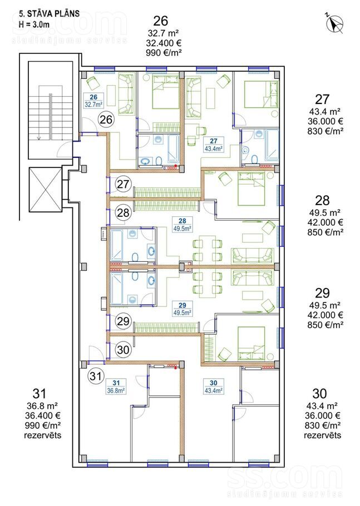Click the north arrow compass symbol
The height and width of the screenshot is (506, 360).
[x=334, y=23]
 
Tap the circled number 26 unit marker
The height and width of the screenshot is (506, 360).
[x=106, y=120]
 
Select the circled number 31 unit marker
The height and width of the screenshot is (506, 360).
[x=96, y=376]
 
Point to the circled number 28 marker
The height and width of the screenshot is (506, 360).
[x=123, y=212]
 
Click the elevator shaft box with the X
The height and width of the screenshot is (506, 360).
[x=45, y=190]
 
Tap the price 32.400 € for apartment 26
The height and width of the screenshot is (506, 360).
[x=163, y=43]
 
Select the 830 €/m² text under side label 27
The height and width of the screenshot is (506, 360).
[x=325, y=131]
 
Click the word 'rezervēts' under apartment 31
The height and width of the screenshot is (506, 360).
[x=43, y=435]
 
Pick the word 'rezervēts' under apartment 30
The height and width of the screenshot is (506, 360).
[x=323, y=435]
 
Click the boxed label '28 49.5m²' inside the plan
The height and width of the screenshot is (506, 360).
[x=183, y=225]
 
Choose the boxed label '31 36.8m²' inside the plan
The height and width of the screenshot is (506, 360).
[x=116, y=386]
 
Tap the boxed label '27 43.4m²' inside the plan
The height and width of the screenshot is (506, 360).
[x=214, y=145]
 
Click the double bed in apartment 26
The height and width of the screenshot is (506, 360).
[x=165, y=92]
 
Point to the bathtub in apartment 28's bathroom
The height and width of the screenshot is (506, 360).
[x=117, y=245]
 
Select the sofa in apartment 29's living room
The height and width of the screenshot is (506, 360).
[x=253, y=278]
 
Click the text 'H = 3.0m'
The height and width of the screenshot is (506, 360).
[x=34, y=24]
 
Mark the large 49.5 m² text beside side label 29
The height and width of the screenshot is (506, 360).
[x=324, y=305]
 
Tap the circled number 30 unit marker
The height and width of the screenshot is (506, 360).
[x=123, y=350]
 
